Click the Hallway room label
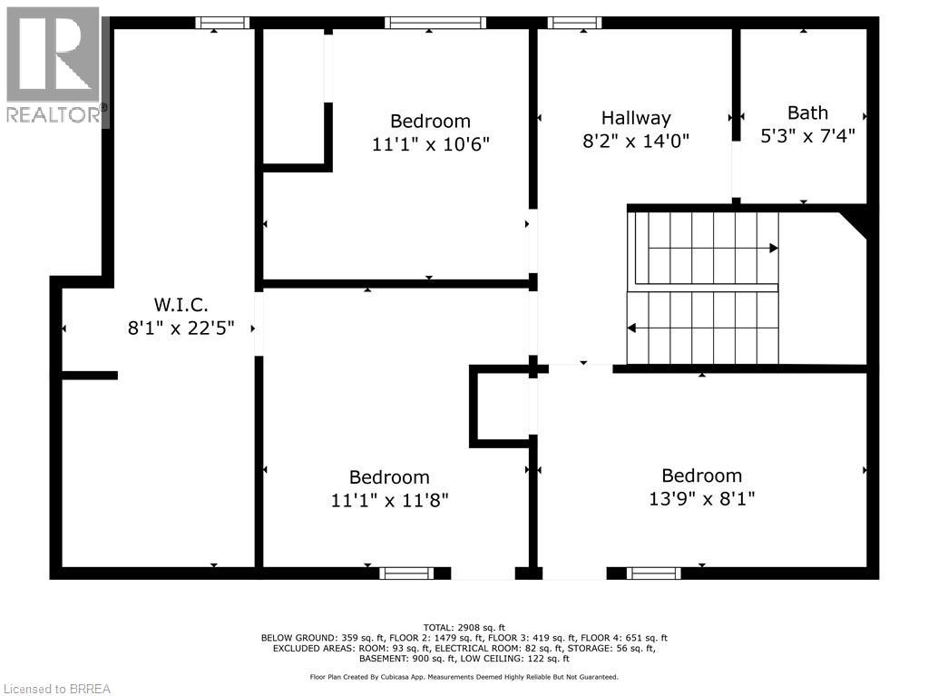[x=636, y=118]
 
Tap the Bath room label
[x=807, y=113]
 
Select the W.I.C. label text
[x=181, y=305]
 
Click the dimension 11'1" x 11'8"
[x=390, y=500]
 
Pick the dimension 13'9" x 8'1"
[x=701, y=498]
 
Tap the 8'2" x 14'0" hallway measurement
[x=636, y=141]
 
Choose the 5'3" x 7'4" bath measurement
[x=807, y=135]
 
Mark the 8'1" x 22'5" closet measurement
[x=181, y=328]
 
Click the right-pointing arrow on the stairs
[x=773, y=248]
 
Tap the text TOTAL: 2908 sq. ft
[x=464, y=627]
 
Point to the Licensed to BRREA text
[x=56, y=688]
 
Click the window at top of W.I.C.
[x=223, y=23]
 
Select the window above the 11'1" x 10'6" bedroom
[x=435, y=23]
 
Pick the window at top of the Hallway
[x=575, y=23]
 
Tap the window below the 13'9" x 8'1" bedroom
[x=654, y=573]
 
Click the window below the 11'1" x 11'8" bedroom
[x=405, y=573]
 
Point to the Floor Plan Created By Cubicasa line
[x=464, y=677]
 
